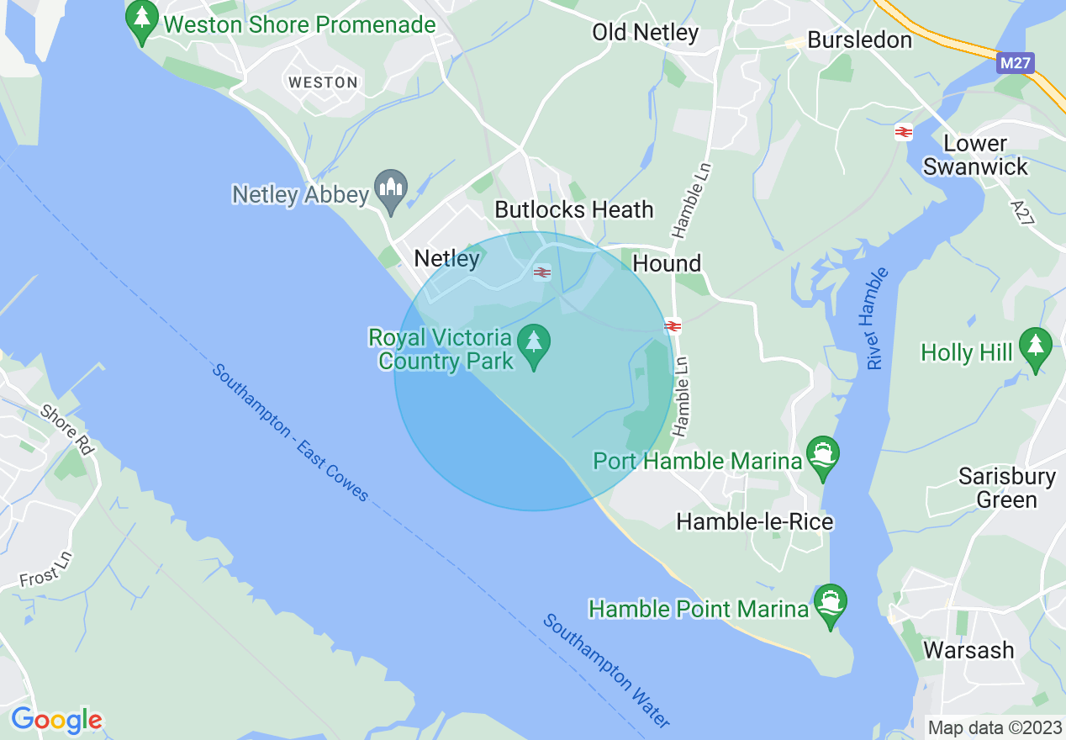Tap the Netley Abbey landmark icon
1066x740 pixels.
pyautogui.click(x=391, y=190)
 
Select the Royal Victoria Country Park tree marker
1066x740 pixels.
pyautogui.click(x=533, y=346)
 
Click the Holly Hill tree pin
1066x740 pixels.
pyautogui.click(x=1035, y=348)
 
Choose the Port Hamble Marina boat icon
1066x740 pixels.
pyautogui.click(x=822, y=457)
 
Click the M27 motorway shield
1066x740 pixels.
pyautogui.click(x=1016, y=63)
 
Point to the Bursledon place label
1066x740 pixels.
pyautogui.click(x=859, y=40)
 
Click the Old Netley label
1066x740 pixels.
pyautogui.click(x=645, y=33)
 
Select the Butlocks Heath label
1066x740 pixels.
pyautogui.click(x=574, y=209)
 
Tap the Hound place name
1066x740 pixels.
pyautogui.click(x=667, y=263)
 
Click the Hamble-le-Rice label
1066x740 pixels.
pyautogui.click(x=754, y=521)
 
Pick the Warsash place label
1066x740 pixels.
pyautogui.click(x=968, y=650)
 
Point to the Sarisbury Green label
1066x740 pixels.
pyautogui.click(x=1007, y=489)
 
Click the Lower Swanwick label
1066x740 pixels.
pyautogui.click(x=975, y=155)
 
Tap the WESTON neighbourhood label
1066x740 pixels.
pyautogui.click(x=323, y=82)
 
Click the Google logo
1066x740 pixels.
pyautogui.click(x=56, y=720)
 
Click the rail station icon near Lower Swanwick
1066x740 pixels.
pyautogui.click(x=904, y=132)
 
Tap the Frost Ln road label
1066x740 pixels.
pyautogui.click(x=46, y=569)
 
